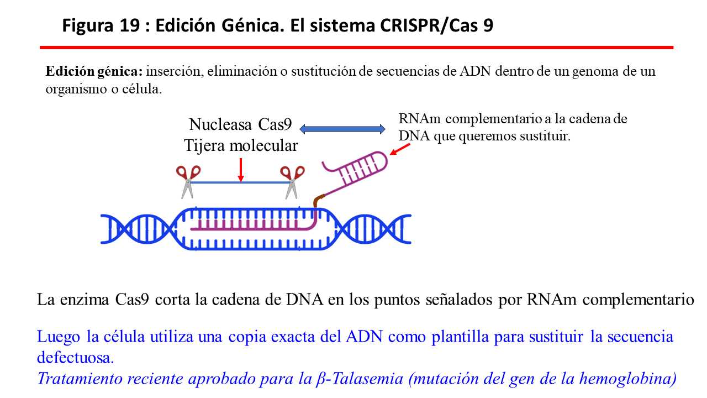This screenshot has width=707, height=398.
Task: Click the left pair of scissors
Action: click(x=187, y=181)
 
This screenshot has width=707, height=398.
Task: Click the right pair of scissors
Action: click(x=291, y=181)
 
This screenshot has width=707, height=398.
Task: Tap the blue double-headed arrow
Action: click(x=342, y=129)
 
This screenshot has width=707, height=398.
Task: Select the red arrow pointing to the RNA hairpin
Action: click(x=400, y=149)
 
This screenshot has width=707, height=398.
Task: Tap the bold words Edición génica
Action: click(x=94, y=72)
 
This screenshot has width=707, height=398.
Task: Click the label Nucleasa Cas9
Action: click(x=240, y=124)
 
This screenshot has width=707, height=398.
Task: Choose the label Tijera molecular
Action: click(x=241, y=145)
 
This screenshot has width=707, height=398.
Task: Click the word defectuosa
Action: click(x=76, y=357)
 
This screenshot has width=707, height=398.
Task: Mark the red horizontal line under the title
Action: click(x=356, y=48)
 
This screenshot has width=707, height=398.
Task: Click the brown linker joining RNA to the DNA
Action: click(x=317, y=202)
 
